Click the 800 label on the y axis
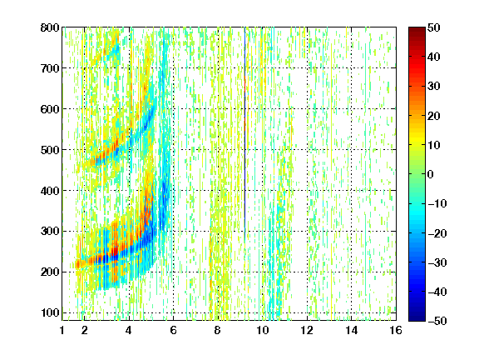[50, 27]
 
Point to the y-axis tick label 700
[50, 68]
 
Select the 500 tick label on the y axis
[50, 150]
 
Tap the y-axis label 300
[50, 231]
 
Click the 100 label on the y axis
[50, 312]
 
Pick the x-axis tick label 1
[62, 330]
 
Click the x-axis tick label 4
[129, 330]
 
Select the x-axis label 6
[173, 330]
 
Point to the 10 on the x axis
[262, 330]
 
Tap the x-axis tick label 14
[351, 330]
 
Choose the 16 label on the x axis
[396, 330]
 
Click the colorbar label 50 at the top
[433, 27]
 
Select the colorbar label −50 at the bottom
[437, 321]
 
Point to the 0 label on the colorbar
[431, 174]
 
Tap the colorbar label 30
[433, 87]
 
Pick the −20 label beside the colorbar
[437, 233]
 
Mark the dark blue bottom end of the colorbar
[417, 318]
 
